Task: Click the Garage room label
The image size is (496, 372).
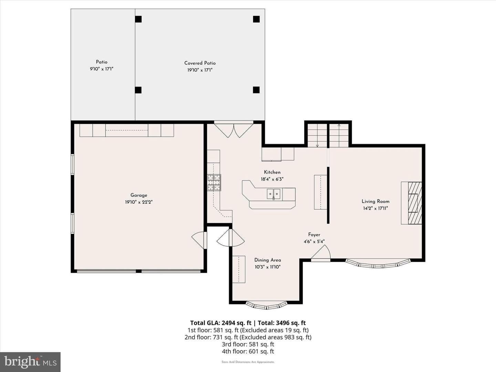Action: point(139,195)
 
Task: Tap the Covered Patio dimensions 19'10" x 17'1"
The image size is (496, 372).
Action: point(200,70)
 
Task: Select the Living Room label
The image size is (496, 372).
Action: point(375,201)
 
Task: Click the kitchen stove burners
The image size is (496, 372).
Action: point(214,183)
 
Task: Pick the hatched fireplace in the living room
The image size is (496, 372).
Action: point(415,203)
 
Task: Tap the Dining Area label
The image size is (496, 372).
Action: point(268,260)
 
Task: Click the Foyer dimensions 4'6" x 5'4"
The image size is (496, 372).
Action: point(314,241)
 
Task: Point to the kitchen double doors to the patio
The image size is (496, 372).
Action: point(234,131)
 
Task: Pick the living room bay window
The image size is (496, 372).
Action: point(378,264)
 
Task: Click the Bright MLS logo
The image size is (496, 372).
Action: point(30,362)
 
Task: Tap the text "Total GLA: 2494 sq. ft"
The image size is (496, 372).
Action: point(220,323)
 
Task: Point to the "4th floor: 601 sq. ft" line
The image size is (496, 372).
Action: point(248,351)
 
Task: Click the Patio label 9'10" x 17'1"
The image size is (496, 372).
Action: point(102,65)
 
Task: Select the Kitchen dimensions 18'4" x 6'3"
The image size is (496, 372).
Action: point(272,179)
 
